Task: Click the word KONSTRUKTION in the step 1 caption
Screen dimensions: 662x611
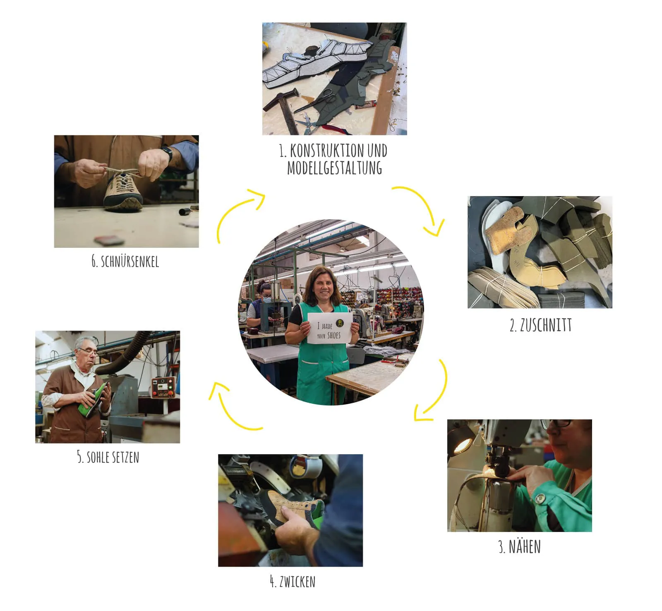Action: pyautogui.click(x=327, y=151)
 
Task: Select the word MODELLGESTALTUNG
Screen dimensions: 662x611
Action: pyautogui.click(x=334, y=168)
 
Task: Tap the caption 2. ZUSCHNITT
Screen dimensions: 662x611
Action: pyautogui.click(x=540, y=326)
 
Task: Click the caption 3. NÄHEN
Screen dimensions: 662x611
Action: pyautogui.click(x=520, y=546)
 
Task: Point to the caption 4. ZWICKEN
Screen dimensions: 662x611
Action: pyautogui.click(x=293, y=582)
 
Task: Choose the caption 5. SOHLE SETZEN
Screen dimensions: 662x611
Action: pyautogui.click(x=108, y=457)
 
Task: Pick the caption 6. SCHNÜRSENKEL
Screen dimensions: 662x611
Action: pyautogui.click(x=125, y=261)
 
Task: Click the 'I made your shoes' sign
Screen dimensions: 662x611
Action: pyautogui.click(x=330, y=328)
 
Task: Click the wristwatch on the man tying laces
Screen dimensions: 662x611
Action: pyautogui.click(x=167, y=153)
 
